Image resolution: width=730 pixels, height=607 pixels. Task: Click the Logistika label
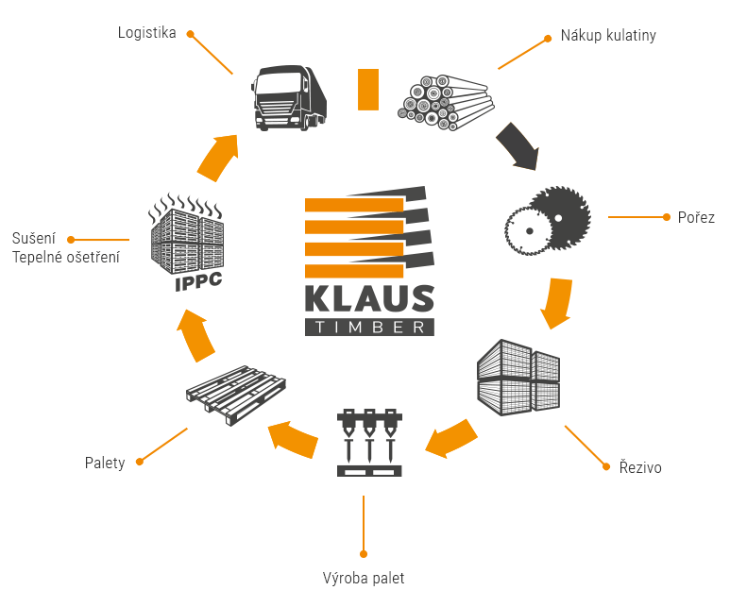(x=146, y=33)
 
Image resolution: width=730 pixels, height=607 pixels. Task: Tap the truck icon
(x=289, y=97)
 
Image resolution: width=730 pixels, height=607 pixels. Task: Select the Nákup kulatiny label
(x=607, y=36)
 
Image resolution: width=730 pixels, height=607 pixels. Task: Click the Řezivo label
(x=640, y=467)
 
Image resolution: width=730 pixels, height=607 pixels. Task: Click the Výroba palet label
(x=364, y=578)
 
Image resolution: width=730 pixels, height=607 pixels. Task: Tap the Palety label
(x=104, y=464)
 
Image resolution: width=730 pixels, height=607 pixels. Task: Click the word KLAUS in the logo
(x=369, y=299)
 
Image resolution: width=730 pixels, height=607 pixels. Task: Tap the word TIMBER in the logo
(x=369, y=327)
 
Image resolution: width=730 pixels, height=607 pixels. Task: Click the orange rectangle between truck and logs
(x=367, y=89)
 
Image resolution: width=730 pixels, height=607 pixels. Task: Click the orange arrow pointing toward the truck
(x=218, y=157)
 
